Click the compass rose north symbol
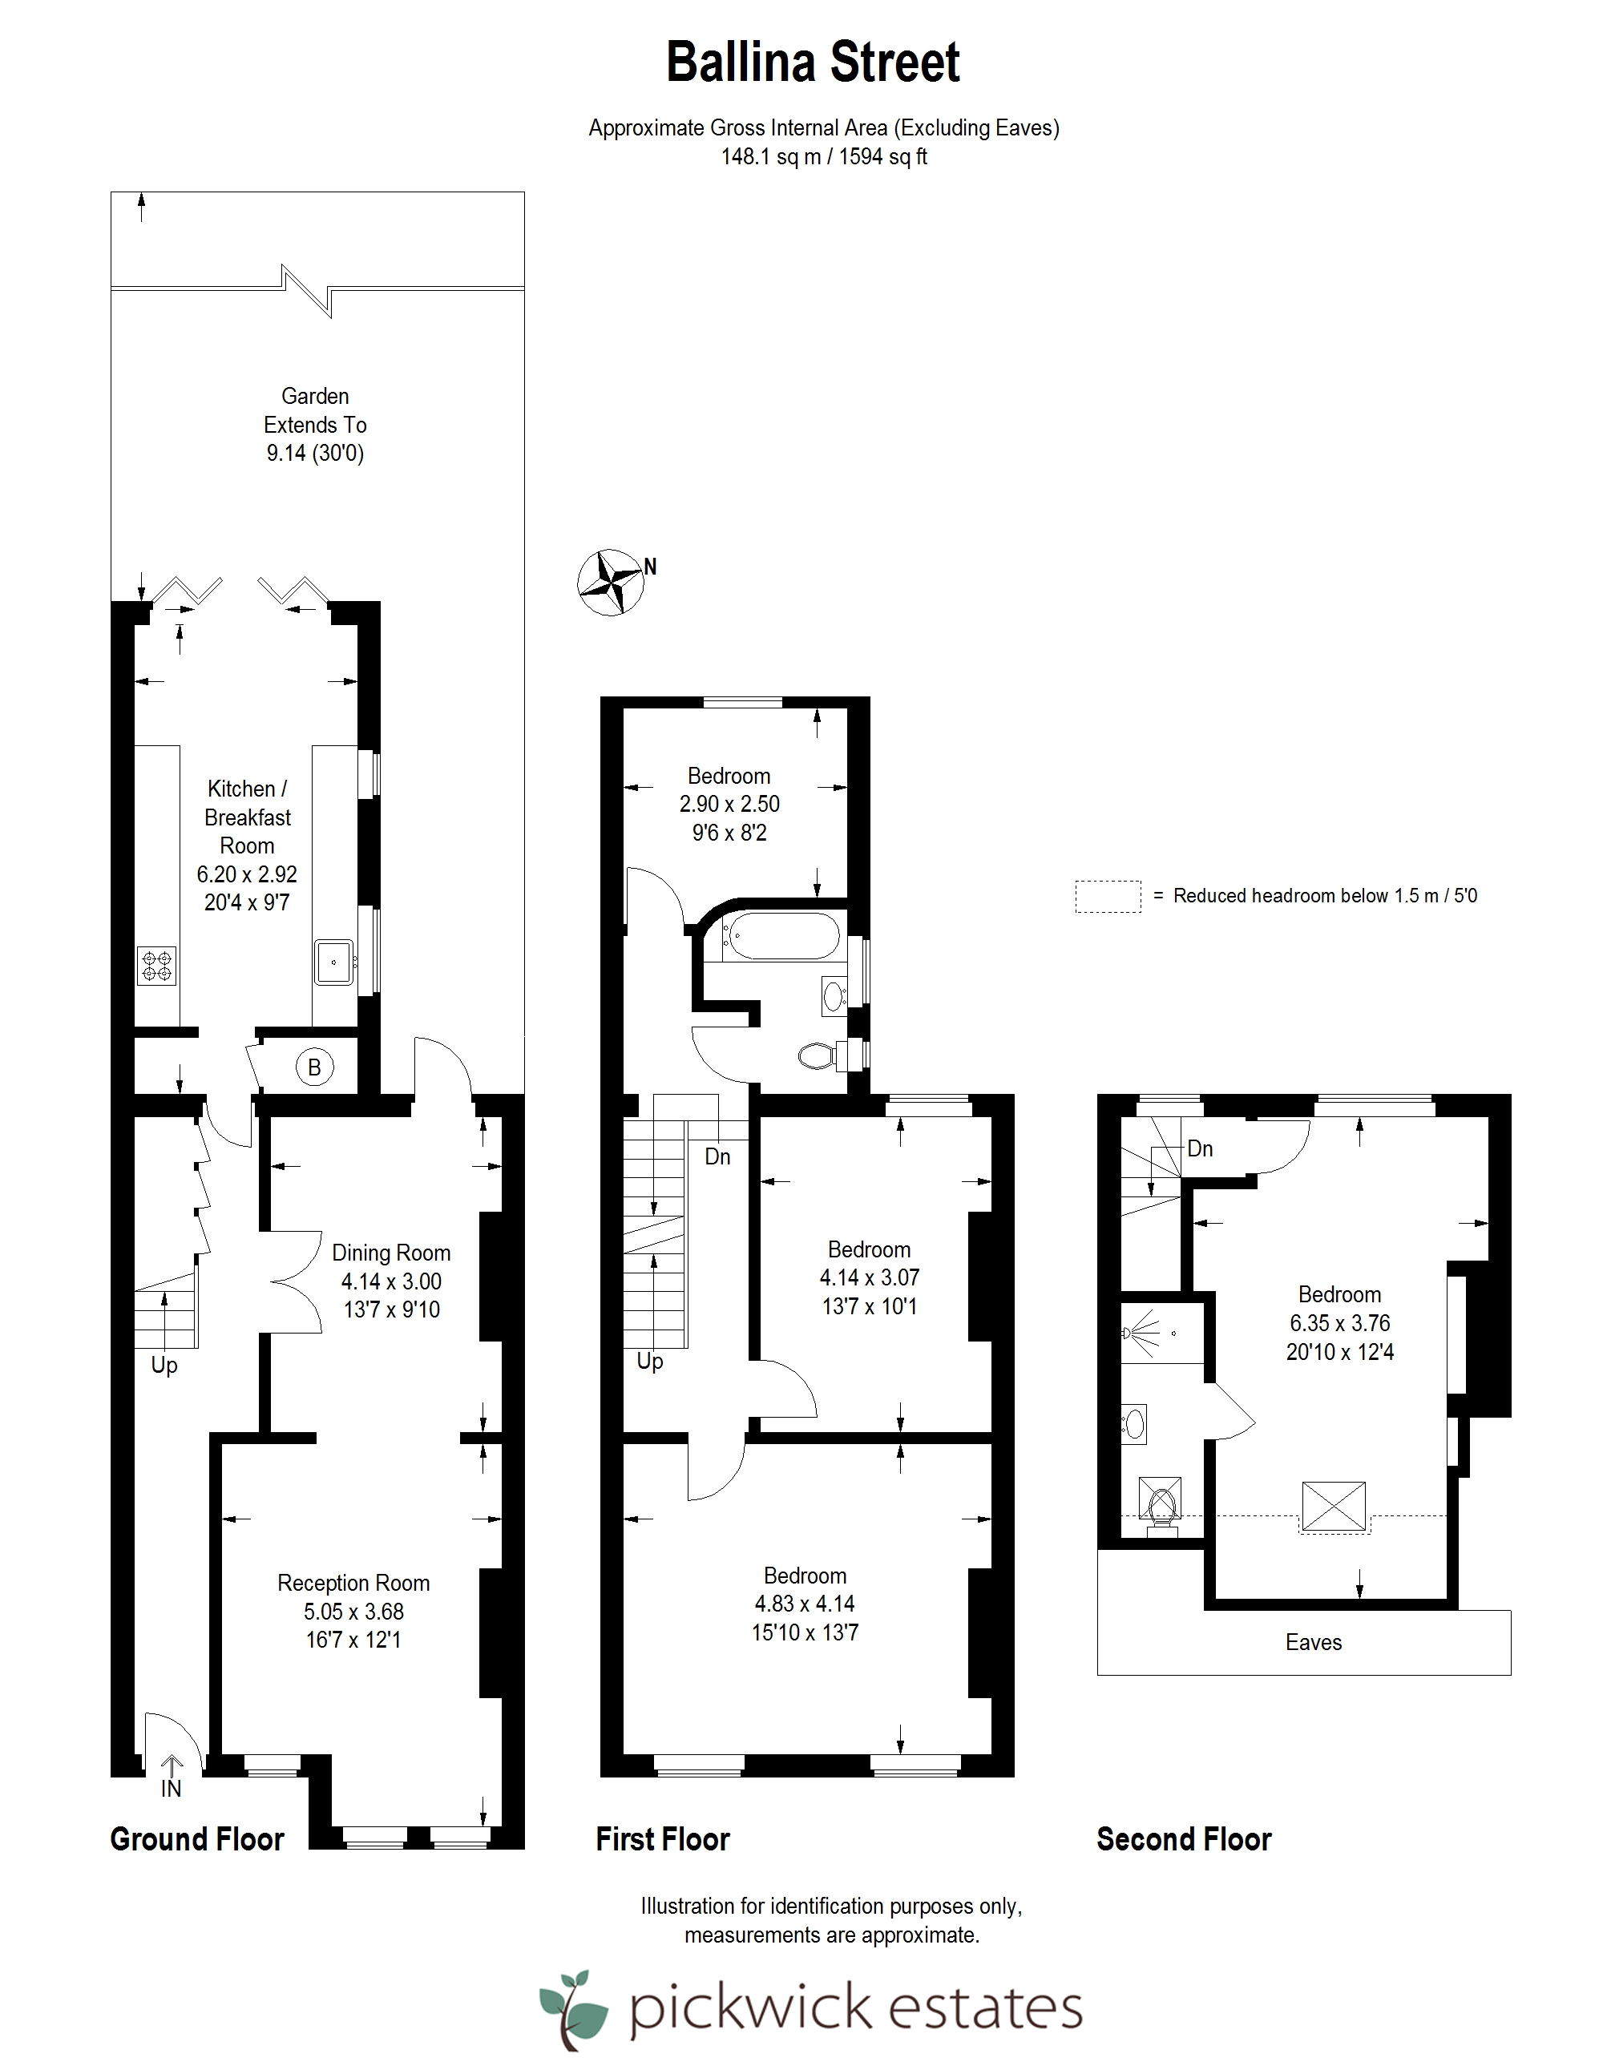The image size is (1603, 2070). point(612,582)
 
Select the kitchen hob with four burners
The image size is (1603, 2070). point(156,966)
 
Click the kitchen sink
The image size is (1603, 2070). point(333,962)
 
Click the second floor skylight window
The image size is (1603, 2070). point(1334,1505)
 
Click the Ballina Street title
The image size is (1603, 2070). point(814,63)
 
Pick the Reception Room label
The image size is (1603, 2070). point(353,1583)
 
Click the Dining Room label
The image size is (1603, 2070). point(390,1253)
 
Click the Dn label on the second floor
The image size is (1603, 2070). point(1200,1148)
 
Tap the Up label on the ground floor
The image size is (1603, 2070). point(164,1366)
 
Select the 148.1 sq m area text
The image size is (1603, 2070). point(771,156)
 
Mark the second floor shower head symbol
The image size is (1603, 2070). point(1128,1333)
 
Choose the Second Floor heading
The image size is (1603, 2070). point(1183,1838)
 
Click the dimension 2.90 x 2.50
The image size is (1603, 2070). point(729,804)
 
